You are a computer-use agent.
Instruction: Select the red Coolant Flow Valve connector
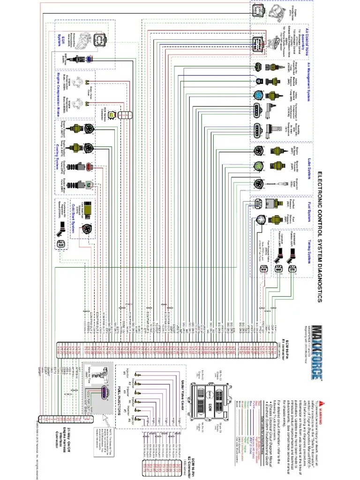pyautogui.click(x=89, y=167)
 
